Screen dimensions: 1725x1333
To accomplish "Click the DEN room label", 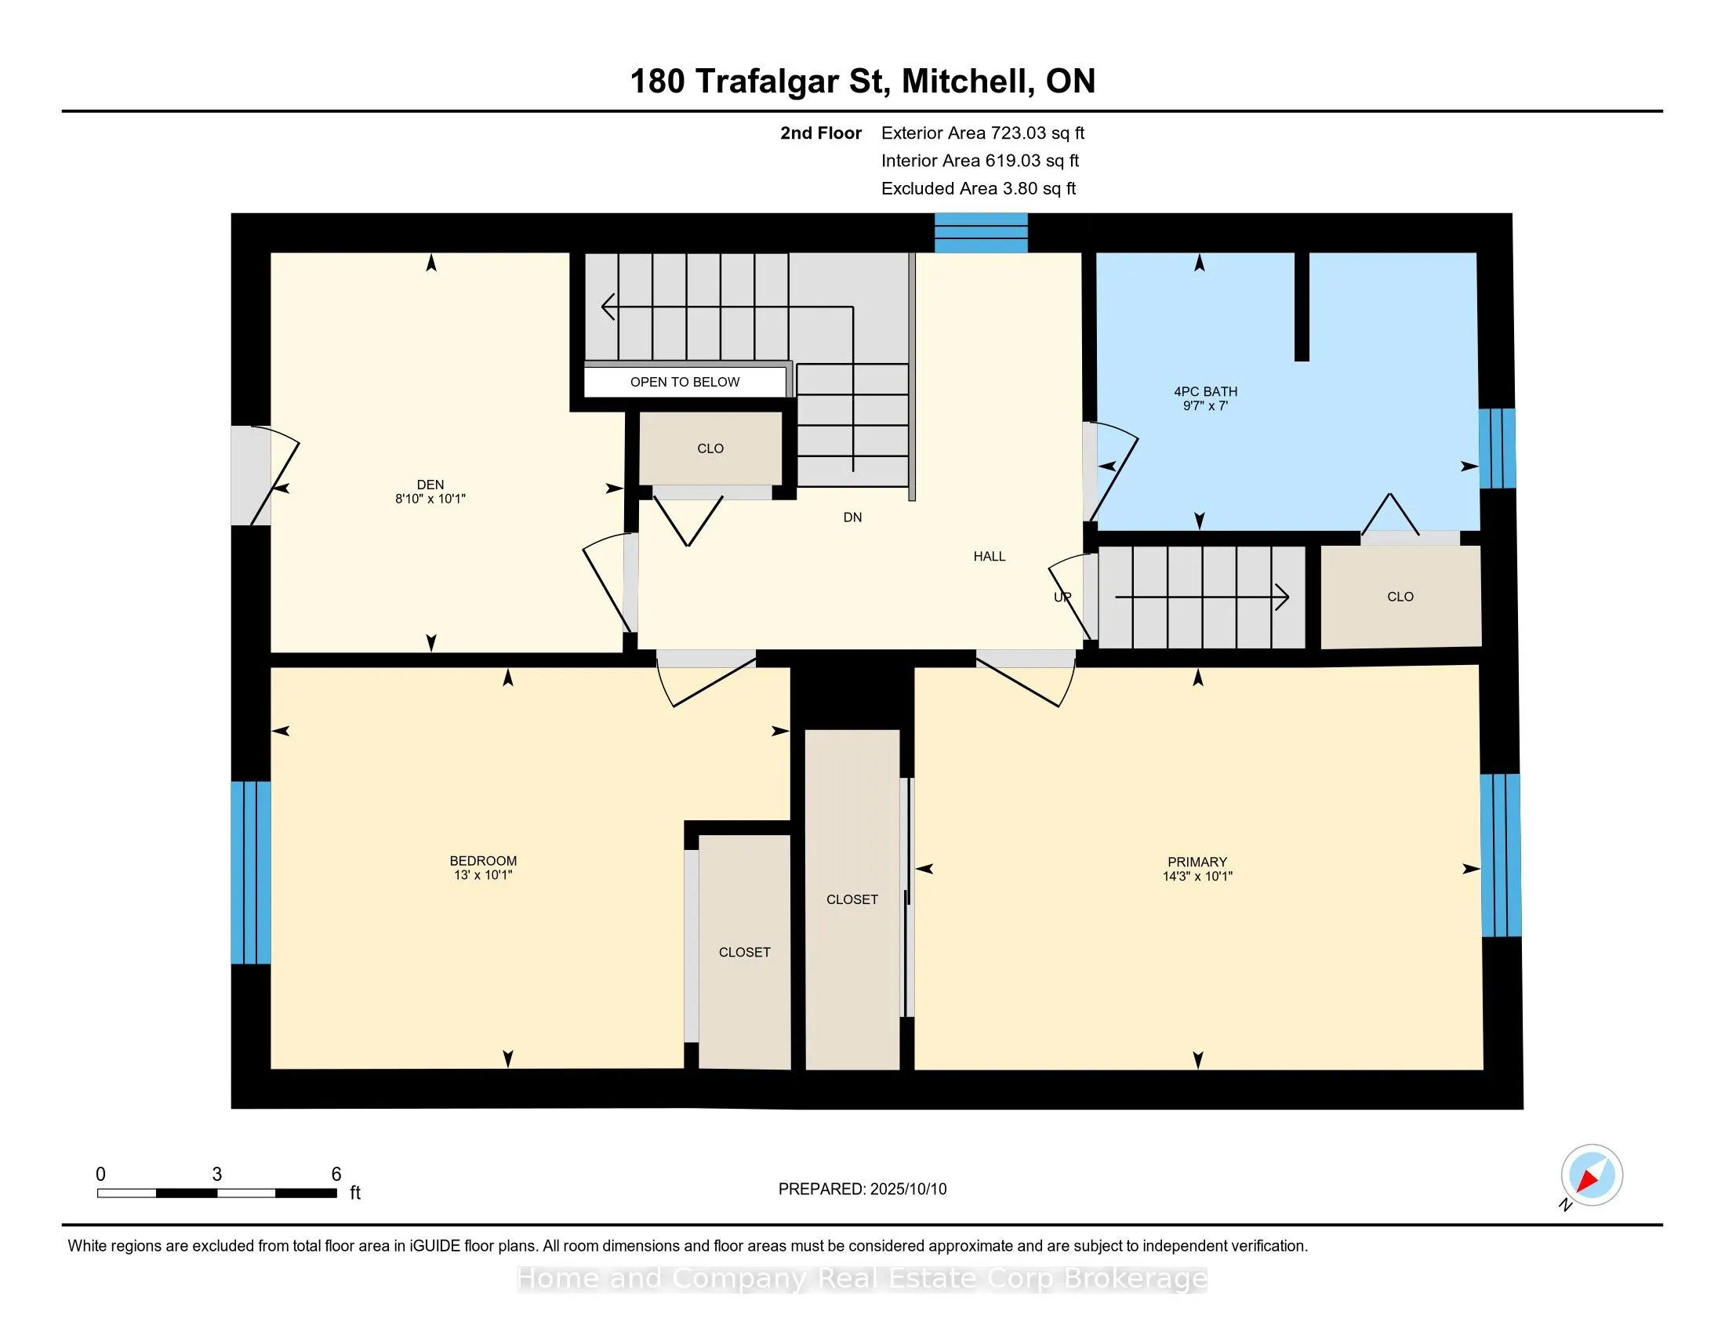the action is (x=430, y=484).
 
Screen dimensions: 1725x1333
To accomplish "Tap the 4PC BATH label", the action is (x=1205, y=392).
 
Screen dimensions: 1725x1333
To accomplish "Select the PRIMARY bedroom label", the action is (x=1197, y=862).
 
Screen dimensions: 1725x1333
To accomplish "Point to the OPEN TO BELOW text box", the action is (x=685, y=382).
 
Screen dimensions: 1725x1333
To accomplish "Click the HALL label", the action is (x=989, y=557).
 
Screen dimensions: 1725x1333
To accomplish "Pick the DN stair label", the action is (x=852, y=518).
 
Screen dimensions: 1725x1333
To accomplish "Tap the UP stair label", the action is (x=1062, y=597).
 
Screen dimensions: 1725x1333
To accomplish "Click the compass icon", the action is (x=1592, y=1175).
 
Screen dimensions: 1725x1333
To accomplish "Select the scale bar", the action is (x=217, y=1193).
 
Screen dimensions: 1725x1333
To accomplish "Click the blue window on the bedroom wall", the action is (x=251, y=873).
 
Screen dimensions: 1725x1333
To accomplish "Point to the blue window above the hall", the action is (x=981, y=233).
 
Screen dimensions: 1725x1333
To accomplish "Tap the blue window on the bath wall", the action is (x=1498, y=449).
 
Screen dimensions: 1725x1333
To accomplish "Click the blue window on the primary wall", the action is (x=1501, y=855).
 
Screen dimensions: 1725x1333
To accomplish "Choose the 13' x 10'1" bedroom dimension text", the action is (x=482, y=875).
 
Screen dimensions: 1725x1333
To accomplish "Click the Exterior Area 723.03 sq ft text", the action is (x=982, y=133).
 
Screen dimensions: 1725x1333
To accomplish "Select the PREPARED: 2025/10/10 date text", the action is (x=862, y=1190).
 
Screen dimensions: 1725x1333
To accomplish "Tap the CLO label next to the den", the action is (x=710, y=449).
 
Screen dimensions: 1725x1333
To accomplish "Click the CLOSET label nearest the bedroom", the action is (x=744, y=953).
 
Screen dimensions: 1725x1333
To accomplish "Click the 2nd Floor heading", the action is (x=821, y=133).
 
